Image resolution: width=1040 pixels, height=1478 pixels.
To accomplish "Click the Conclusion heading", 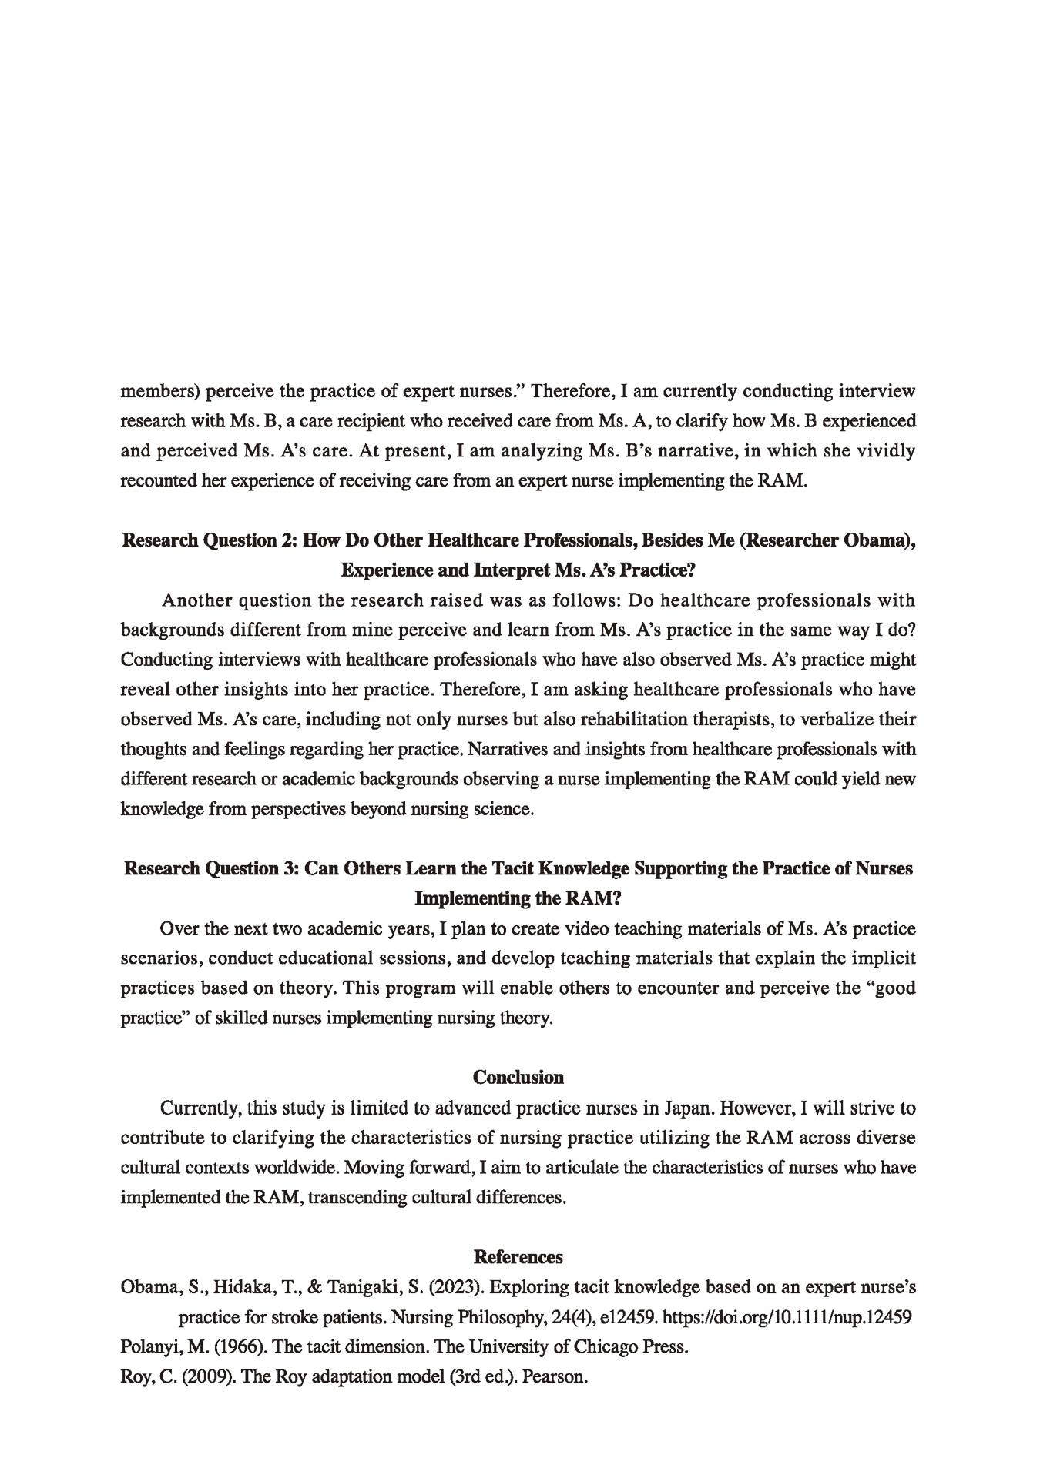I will tap(518, 1077).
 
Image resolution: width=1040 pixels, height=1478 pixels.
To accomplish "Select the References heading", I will tap(518, 1257).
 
